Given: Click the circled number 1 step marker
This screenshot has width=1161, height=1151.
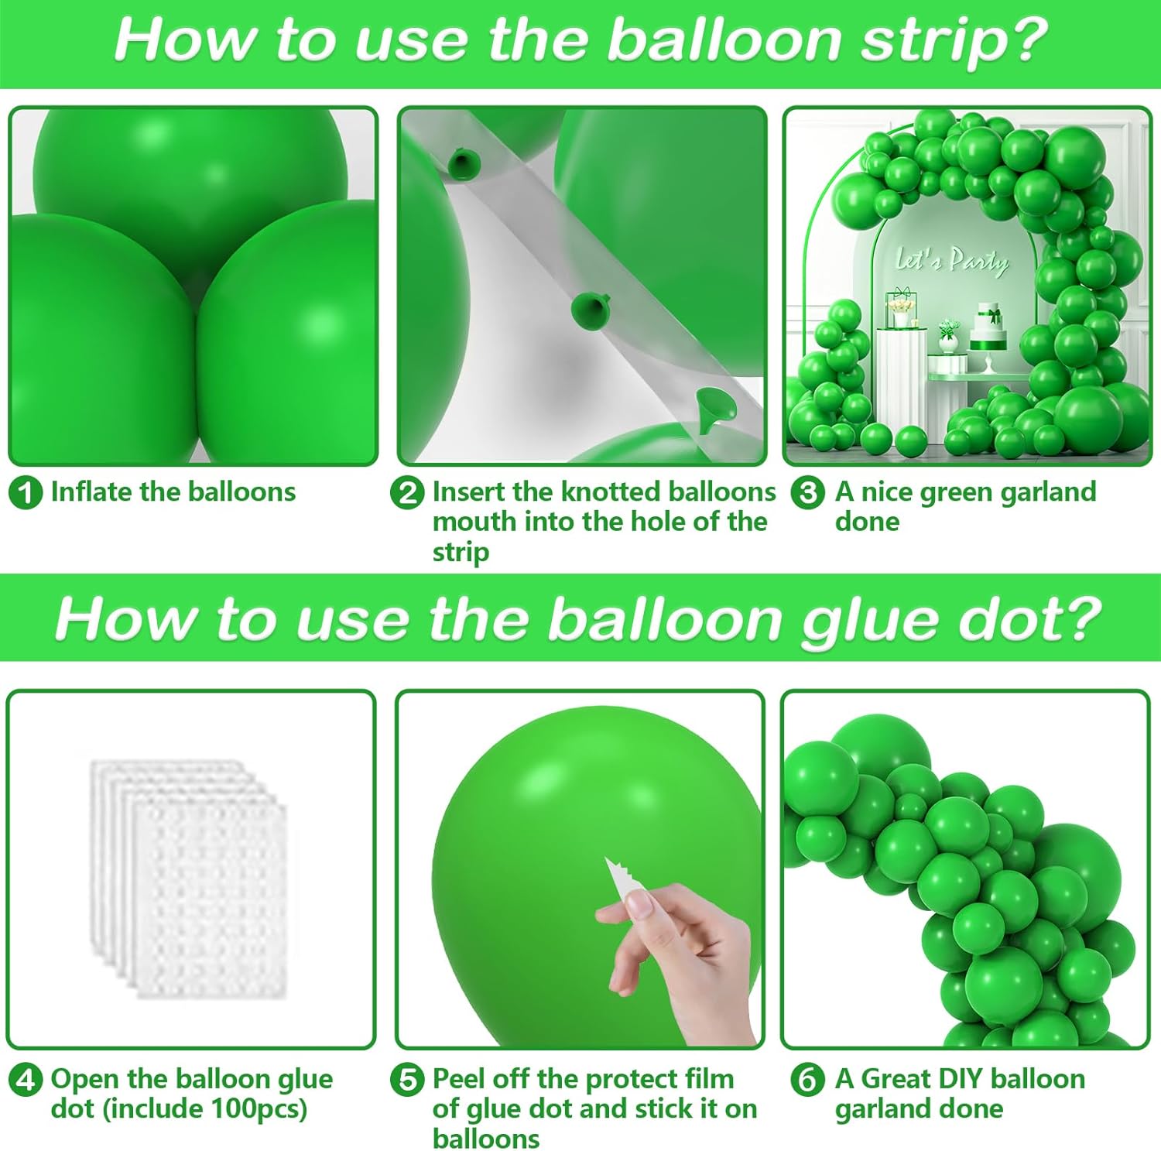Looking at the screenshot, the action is coord(26,493).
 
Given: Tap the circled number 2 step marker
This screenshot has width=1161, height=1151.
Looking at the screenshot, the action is coord(407,493).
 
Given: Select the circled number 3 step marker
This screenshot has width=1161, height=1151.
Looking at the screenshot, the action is coord(808,493).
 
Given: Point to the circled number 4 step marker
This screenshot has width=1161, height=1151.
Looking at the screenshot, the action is coord(26,1080).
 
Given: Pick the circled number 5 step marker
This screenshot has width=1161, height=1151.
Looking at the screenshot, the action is coord(407,1080).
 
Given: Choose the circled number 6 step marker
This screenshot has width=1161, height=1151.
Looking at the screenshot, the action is coord(808,1080).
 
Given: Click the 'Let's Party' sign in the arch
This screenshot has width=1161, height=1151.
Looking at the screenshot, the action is coord(952,260).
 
